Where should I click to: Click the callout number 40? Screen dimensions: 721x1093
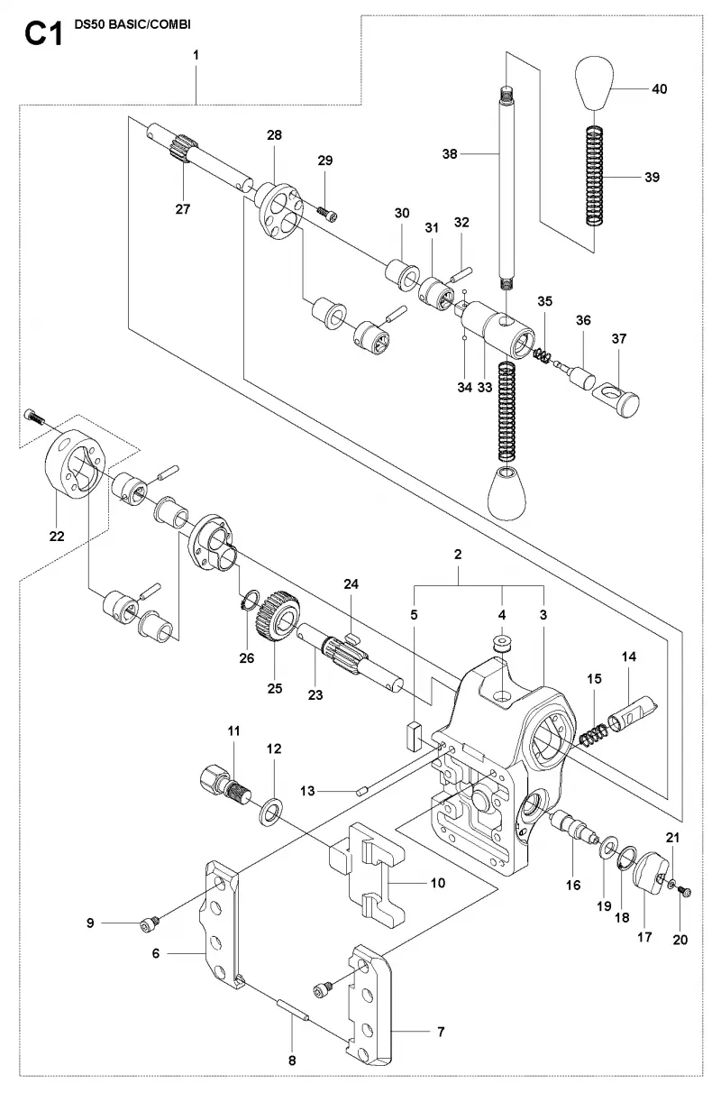tap(659, 88)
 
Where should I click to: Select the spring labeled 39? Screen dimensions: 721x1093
tap(594, 176)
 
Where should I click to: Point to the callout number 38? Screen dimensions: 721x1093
tap(450, 154)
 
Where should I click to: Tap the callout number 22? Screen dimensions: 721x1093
tap(57, 537)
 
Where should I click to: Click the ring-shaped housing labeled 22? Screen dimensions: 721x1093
tap(75, 464)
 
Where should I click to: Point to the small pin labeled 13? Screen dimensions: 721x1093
tap(362, 792)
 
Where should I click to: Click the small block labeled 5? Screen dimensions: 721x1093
tap(415, 735)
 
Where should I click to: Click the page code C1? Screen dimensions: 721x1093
tap(44, 34)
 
